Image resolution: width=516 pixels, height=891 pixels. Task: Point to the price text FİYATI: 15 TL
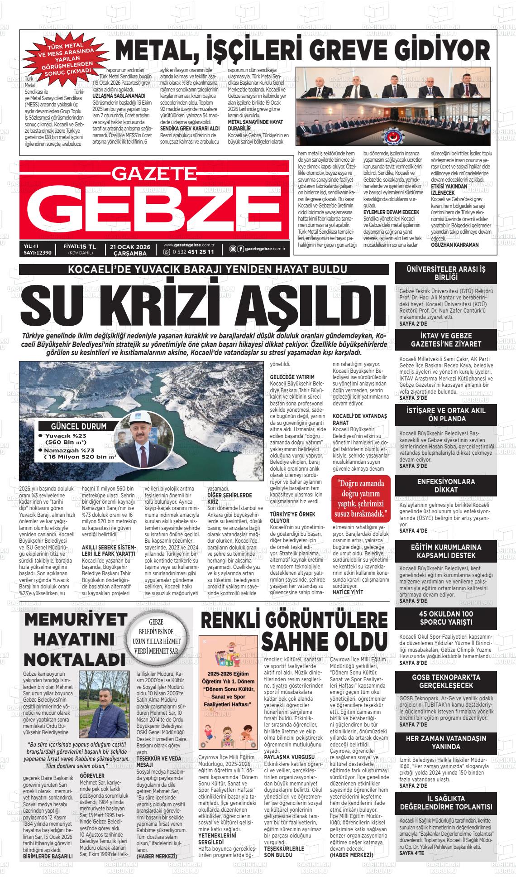click(80, 246)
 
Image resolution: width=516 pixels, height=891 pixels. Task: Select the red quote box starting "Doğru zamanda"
click(360, 497)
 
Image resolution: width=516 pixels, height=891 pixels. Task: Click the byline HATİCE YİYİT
click(347, 592)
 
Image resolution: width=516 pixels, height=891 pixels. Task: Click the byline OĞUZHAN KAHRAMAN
click(454, 245)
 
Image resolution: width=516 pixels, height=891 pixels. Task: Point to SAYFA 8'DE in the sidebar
click(413, 663)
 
